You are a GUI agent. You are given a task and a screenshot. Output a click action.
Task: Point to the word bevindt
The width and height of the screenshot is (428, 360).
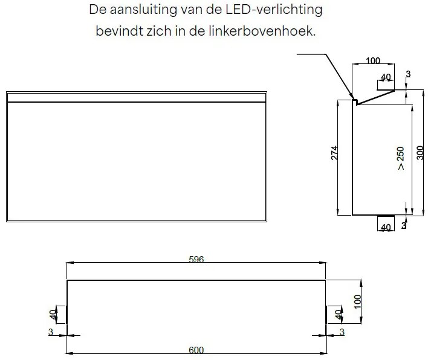pyautogui.click(x=118, y=31)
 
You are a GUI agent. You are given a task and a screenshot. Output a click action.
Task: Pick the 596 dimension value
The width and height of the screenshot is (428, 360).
pyautogui.click(x=196, y=260)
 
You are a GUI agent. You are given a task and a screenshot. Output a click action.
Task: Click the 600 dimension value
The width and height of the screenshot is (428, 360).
pyautogui.click(x=196, y=350)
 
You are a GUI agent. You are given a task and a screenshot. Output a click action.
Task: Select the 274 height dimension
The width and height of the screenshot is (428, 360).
pyautogui.click(x=334, y=153)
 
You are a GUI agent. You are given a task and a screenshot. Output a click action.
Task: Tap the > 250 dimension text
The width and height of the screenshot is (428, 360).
pyautogui.click(x=401, y=158)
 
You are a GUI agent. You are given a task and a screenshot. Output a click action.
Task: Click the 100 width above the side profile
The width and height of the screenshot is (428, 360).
pyautogui.click(x=373, y=61)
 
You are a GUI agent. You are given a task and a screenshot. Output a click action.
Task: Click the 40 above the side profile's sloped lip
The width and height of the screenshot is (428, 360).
pyautogui.click(x=385, y=78)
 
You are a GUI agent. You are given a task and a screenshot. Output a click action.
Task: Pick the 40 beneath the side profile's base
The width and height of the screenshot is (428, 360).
pyautogui.click(x=384, y=228)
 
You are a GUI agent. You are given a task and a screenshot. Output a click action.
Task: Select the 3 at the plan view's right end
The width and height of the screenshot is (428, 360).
pyautogui.click(x=342, y=332)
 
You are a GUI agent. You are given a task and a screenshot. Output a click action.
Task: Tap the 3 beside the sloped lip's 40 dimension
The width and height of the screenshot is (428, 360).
pyautogui.click(x=408, y=74)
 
